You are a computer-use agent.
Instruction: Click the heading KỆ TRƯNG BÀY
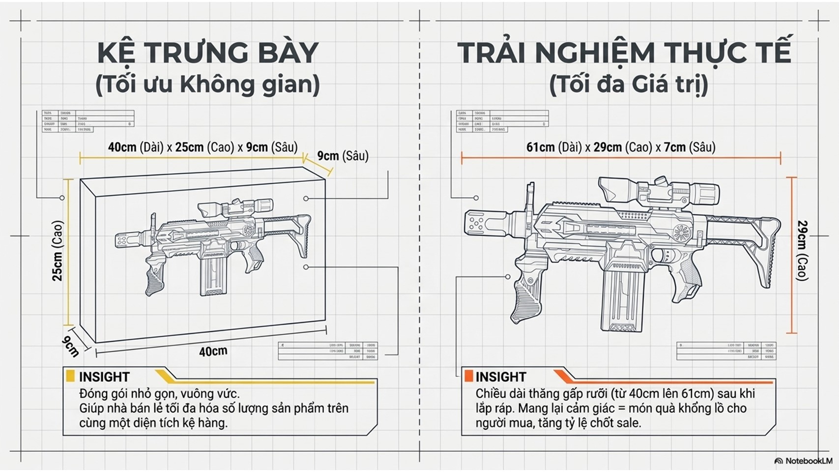point(208,53)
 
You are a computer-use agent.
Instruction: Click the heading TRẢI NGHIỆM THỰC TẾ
point(624,53)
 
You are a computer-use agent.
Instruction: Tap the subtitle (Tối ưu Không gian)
point(208,85)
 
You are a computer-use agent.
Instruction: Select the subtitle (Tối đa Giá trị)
point(629,85)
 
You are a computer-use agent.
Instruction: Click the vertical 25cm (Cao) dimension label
point(58,251)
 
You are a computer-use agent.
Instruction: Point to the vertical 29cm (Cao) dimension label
point(803,251)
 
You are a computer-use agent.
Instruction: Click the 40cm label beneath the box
point(213,352)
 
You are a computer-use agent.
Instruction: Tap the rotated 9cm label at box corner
point(70,346)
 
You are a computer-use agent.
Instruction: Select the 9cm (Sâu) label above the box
point(343,156)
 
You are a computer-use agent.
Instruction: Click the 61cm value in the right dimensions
point(540,147)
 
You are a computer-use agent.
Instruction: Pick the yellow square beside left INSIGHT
point(70,376)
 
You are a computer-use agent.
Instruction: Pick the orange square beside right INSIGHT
point(468,376)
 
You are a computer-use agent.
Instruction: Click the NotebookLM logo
point(803,461)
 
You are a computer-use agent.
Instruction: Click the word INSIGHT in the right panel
point(501,377)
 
